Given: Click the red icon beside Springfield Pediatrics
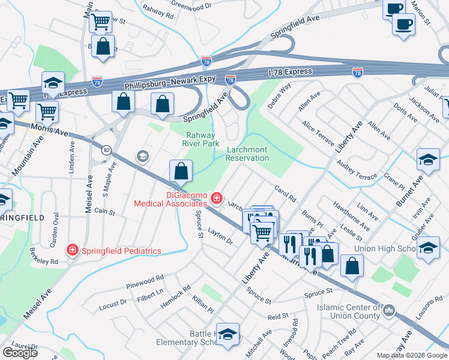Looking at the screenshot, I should [x=72, y=249].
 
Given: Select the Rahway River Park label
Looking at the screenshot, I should [x=200, y=139].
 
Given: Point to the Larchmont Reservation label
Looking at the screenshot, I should [x=247, y=154].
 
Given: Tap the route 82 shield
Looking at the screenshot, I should [x=106, y=150].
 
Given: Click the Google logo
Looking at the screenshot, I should [x=20, y=352].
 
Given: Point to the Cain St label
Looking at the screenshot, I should [x=104, y=211].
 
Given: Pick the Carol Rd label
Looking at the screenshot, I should [x=285, y=194].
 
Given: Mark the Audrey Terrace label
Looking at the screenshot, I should [x=357, y=170].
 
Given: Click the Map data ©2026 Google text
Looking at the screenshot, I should [x=412, y=355].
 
